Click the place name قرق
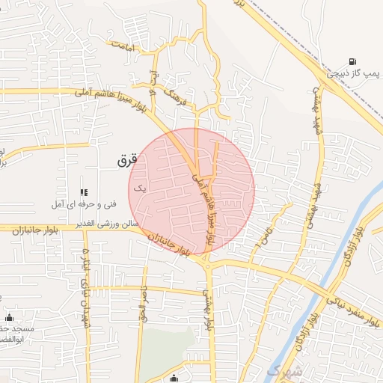click(x=129, y=160)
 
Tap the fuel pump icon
click(x=352, y=62)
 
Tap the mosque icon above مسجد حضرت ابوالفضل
click(x=9, y=317)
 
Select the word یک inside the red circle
click(x=138, y=189)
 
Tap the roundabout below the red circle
click(x=208, y=263)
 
